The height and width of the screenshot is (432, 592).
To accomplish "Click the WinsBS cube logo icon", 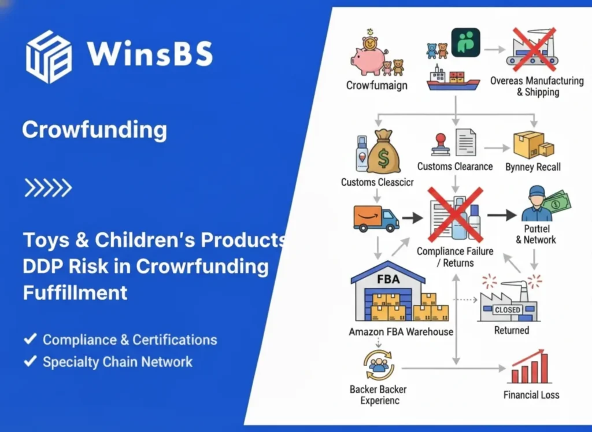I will pyautogui.click(x=49, y=57).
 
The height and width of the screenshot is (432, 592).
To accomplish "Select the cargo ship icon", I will pyautogui.click(x=453, y=79).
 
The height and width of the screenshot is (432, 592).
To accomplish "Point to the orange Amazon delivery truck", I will pyautogui.click(x=376, y=218).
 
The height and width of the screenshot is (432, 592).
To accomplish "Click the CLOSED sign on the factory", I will pyautogui.click(x=508, y=310).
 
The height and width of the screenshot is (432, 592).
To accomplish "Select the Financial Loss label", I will pyautogui.click(x=531, y=396).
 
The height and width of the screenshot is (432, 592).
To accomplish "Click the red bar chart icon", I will pyautogui.click(x=529, y=368).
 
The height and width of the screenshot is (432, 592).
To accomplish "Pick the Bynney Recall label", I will pyautogui.click(x=532, y=167).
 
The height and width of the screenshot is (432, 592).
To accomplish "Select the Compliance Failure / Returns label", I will pyautogui.click(x=455, y=257).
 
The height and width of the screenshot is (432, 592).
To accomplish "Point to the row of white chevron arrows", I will pyautogui.click(x=47, y=187).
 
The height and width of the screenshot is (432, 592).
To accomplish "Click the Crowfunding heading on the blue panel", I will pyautogui.click(x=94, y=130).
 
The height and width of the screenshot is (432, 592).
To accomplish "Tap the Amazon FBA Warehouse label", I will pyautogui.click(x=401, y=332).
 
